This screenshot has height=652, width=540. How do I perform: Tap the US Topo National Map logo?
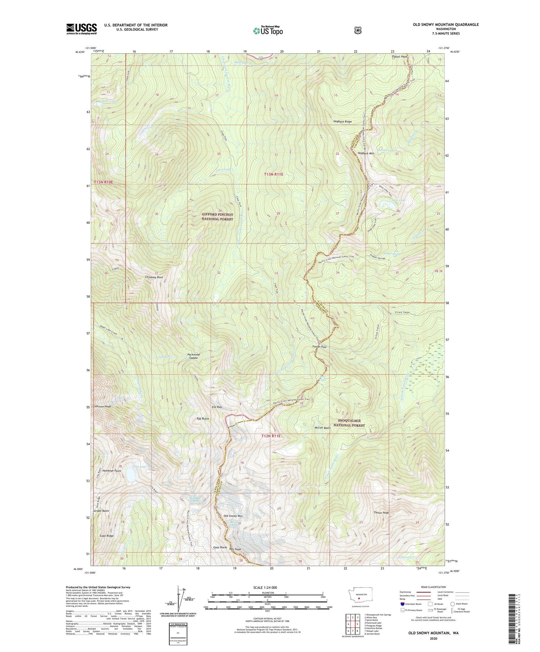pos(268,31)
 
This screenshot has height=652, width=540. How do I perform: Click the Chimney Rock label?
pos(154,277)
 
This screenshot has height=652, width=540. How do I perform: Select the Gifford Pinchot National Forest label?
pos(217,217)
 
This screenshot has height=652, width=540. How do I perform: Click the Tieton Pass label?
pos(319,347)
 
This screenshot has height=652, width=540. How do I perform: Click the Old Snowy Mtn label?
pos(233,516)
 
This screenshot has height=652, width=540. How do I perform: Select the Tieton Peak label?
pos(381,513)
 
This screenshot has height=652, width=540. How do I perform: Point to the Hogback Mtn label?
pos(365,153)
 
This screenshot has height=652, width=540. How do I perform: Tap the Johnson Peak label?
pos(102,406)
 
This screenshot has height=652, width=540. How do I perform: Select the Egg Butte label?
pos(203,419)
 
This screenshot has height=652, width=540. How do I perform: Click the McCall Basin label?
pos(323,428)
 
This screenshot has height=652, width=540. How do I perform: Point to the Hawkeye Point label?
pos(112,471)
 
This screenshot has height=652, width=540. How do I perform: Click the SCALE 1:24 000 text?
pos(265,587)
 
